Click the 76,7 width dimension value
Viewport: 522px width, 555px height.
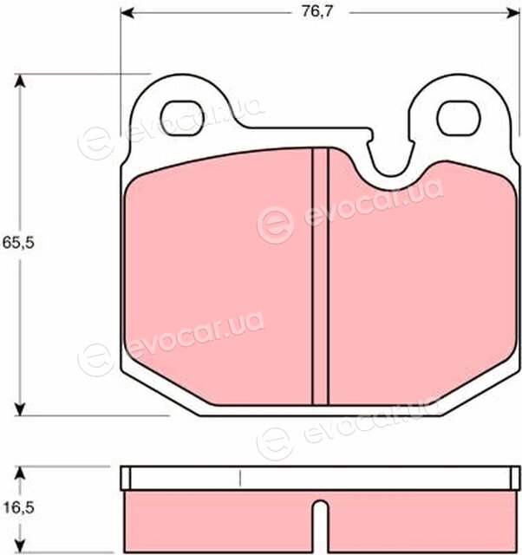tap(317, 11)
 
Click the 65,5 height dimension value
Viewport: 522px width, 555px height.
tap(18, 243)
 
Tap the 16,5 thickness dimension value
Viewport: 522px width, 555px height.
tap(18, 508)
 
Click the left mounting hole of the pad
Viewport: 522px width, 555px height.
tap(183, 118)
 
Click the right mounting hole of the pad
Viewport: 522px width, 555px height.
tap(459, 118)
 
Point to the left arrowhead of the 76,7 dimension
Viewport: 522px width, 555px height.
tap(127, 13)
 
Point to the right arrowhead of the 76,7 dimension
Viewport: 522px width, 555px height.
tap(512, 13)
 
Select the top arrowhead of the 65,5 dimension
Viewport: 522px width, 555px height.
tap(20, 81)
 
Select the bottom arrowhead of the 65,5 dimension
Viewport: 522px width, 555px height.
tap(20, 408)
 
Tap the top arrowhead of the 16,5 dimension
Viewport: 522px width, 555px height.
tap(20, 473)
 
